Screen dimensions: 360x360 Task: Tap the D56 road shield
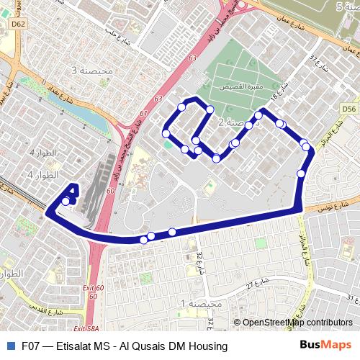[x=349, y=109]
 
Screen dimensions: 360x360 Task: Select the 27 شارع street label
[x=255, y=282]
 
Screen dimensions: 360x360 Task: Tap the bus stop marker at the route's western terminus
[x=66, y=202]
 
